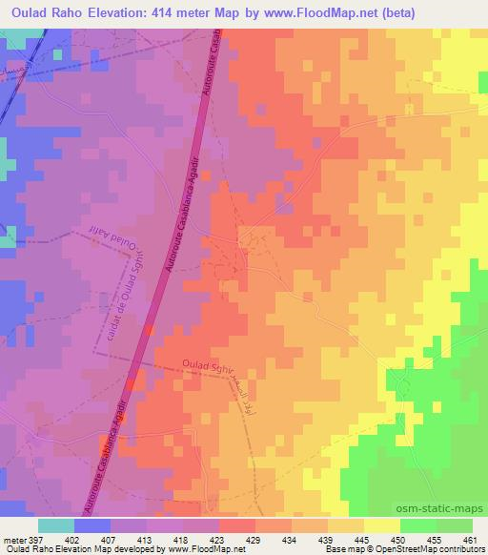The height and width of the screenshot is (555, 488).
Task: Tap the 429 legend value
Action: pos(254,539)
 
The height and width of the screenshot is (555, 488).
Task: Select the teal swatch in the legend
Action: pos(55,525)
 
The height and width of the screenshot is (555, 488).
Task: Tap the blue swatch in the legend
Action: pos(91,525)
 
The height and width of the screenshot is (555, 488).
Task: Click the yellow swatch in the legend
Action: pos(382,525)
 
